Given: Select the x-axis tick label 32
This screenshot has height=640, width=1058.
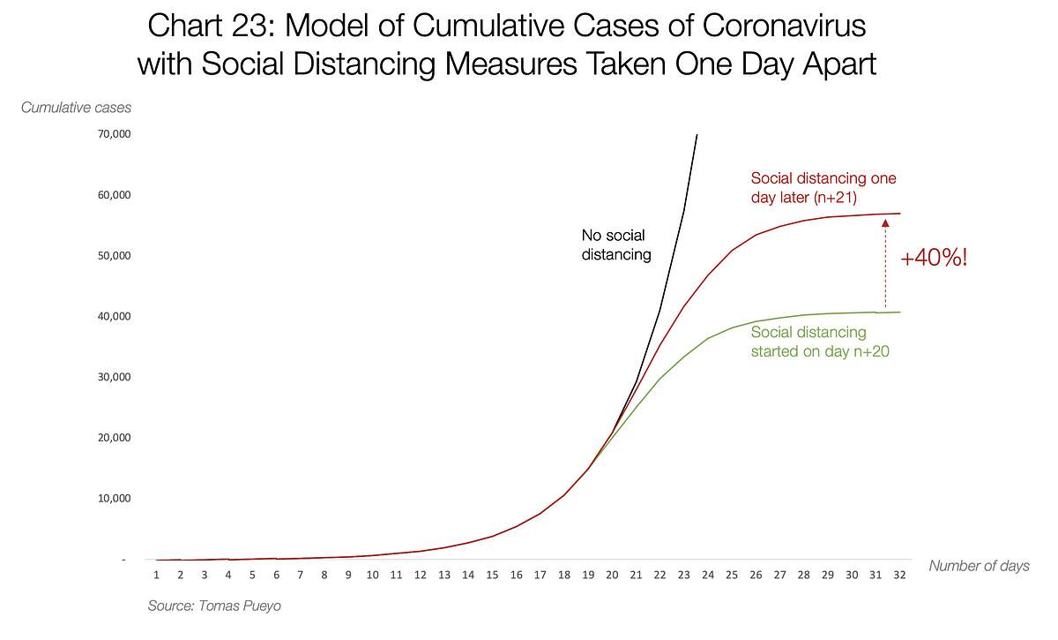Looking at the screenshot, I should pyautogui.click(x=899, y=575).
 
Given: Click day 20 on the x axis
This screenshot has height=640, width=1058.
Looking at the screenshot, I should pyautogui.click(x=612, y=575).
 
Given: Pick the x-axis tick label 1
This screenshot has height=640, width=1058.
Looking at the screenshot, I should pyautogui.click(x=156, y=575).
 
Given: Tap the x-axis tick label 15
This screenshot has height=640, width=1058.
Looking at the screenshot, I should pyautogui.click(x=492, y=575).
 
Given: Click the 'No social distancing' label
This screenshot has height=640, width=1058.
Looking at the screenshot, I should pyautogui.click(x=615, y=245).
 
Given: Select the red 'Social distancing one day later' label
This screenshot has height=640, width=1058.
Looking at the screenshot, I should pyautogui.click(x=823, y=187).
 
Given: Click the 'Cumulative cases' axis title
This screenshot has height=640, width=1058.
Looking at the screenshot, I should pyautogui.click(x=76, y=108).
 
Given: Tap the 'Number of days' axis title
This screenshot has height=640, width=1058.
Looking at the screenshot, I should pyautogui.click(x=979, y=566).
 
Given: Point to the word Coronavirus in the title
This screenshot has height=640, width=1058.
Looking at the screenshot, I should pyautogui.click(x=784, y=26).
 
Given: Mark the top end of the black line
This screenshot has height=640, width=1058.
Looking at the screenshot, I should pyautogui.click(x=697, y=135).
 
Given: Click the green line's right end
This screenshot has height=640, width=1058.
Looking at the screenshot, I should pyautogui.click(x=899, y=312).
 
